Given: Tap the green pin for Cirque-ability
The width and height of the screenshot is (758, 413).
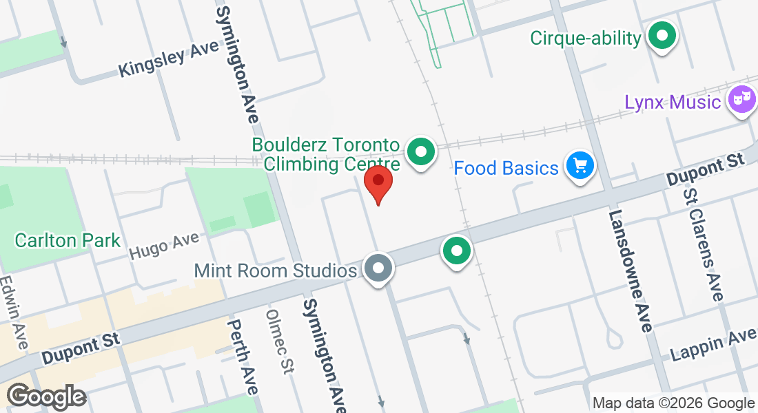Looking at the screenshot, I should tap(662, 36).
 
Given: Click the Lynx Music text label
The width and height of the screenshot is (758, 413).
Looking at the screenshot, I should tap(673, 103).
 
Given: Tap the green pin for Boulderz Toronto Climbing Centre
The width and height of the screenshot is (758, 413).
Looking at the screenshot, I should tap(420, 151).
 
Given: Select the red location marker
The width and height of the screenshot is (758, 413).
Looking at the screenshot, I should tap(378, 183).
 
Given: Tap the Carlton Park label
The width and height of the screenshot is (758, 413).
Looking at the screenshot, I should tap(68, 241).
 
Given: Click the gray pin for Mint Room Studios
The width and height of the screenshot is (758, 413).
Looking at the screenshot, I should tap(378, 268).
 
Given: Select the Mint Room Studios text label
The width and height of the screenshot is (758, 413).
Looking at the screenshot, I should tap(276, 271).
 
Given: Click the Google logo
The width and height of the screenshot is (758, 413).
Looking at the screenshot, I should tap(46, 396).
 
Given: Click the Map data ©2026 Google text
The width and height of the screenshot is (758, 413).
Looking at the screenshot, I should tap(673, 403).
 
